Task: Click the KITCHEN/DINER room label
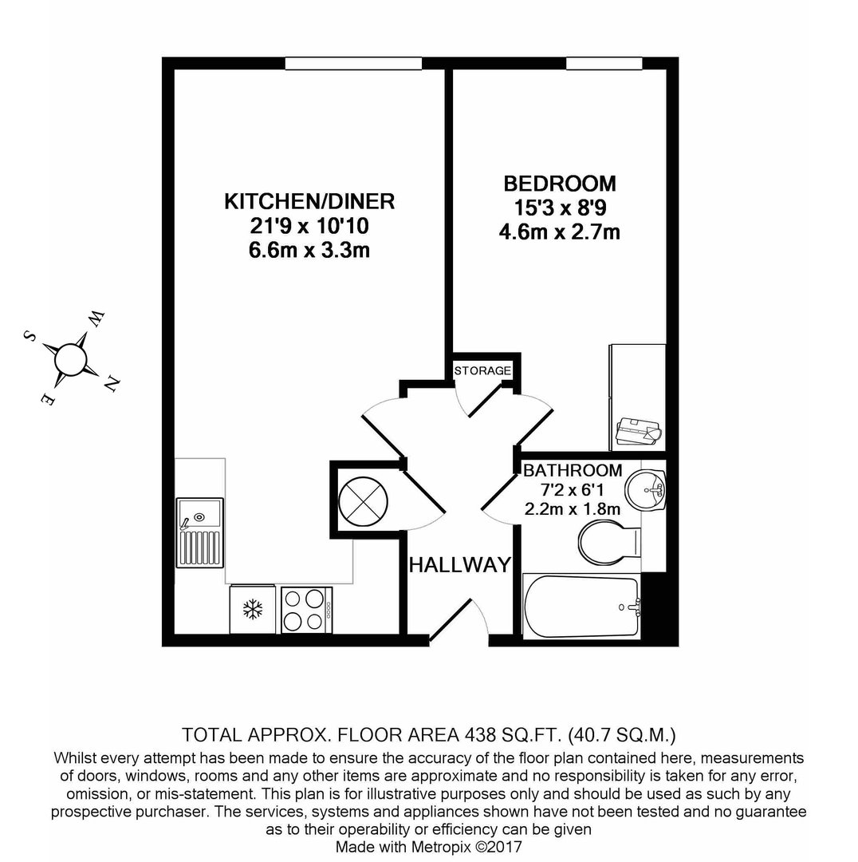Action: coord(309,202)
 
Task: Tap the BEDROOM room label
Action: coord(560,184)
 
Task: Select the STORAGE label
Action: coord(482,370)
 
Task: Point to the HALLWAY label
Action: coord(460,564)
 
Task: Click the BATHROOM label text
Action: coord(573,471)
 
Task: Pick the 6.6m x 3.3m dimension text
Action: coord(309,250)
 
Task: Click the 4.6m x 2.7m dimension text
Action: coord(560,232)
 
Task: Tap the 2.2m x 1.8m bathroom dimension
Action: coord(573,509)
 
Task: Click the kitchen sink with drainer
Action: coord(200,532)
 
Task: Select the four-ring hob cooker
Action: coord(306,610)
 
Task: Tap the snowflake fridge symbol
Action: coord(253,609)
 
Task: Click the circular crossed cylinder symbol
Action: coord(363,501)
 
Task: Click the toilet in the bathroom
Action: coord(609,543)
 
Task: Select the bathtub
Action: coord(582,607)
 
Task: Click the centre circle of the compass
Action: coord(70,359)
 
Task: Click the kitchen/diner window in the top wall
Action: coord(353,63)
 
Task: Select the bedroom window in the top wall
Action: coord(604,63)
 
